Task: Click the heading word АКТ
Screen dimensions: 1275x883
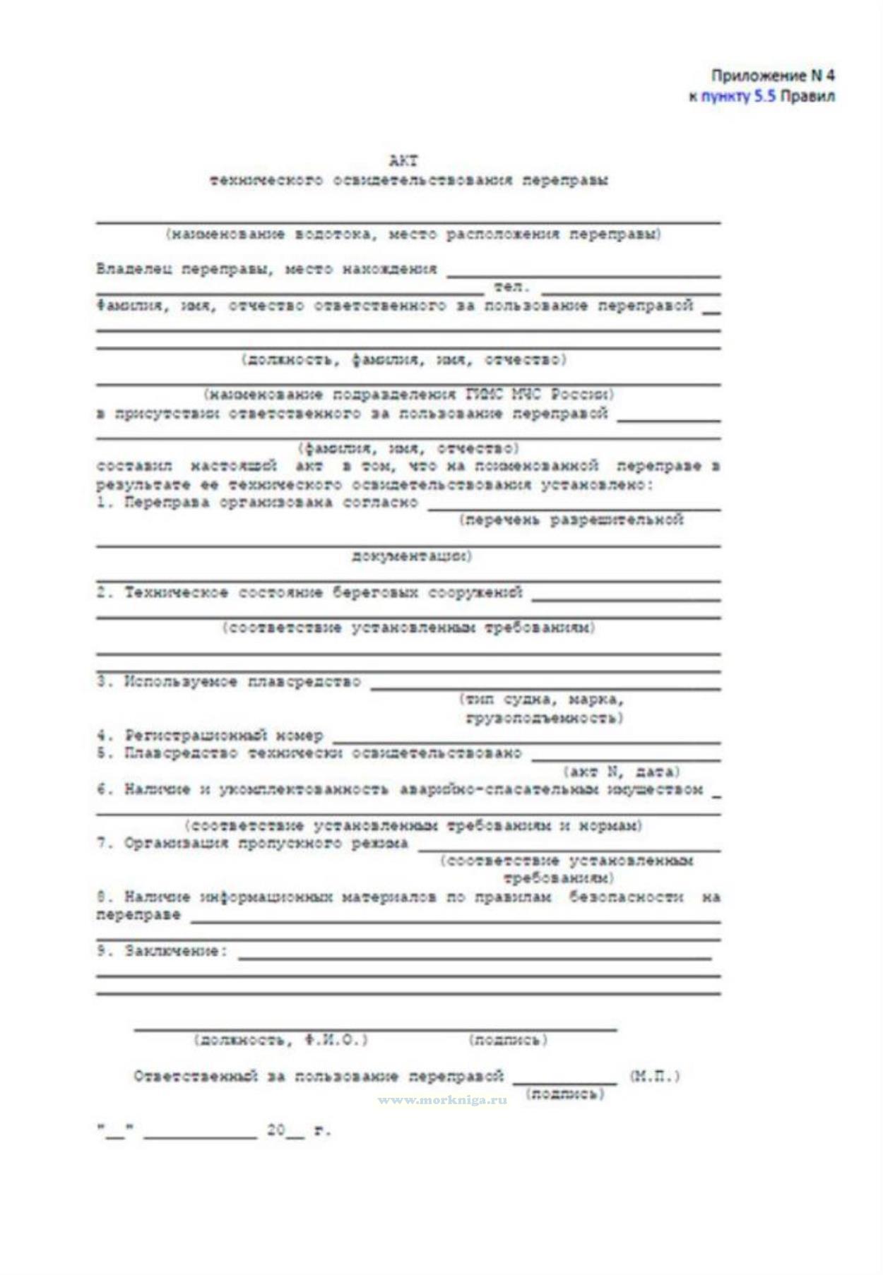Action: [x=403, y=161]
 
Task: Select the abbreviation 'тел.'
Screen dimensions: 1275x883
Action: [x=512, y=287]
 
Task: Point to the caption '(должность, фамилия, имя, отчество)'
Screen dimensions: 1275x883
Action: [x=404, y=360]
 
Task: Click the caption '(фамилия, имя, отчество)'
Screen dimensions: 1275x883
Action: [x=408, y=448]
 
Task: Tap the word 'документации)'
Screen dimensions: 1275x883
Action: [x=412, y=556]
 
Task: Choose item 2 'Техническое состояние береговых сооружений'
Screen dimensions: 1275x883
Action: [x=310, y=592]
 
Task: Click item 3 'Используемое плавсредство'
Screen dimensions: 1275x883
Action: [x=229, y=682]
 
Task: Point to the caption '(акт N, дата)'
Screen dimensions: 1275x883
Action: [x=621, y=772]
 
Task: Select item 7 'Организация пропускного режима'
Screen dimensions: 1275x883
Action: [x=252, y=844]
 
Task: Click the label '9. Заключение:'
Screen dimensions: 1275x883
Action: [x=162, y=951]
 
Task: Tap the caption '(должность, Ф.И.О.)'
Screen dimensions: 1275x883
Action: [x=280, y=1040]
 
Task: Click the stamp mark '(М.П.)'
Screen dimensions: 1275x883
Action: [x=654, y=1077]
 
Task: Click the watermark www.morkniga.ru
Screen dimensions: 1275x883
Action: [x=443, y=1100]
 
